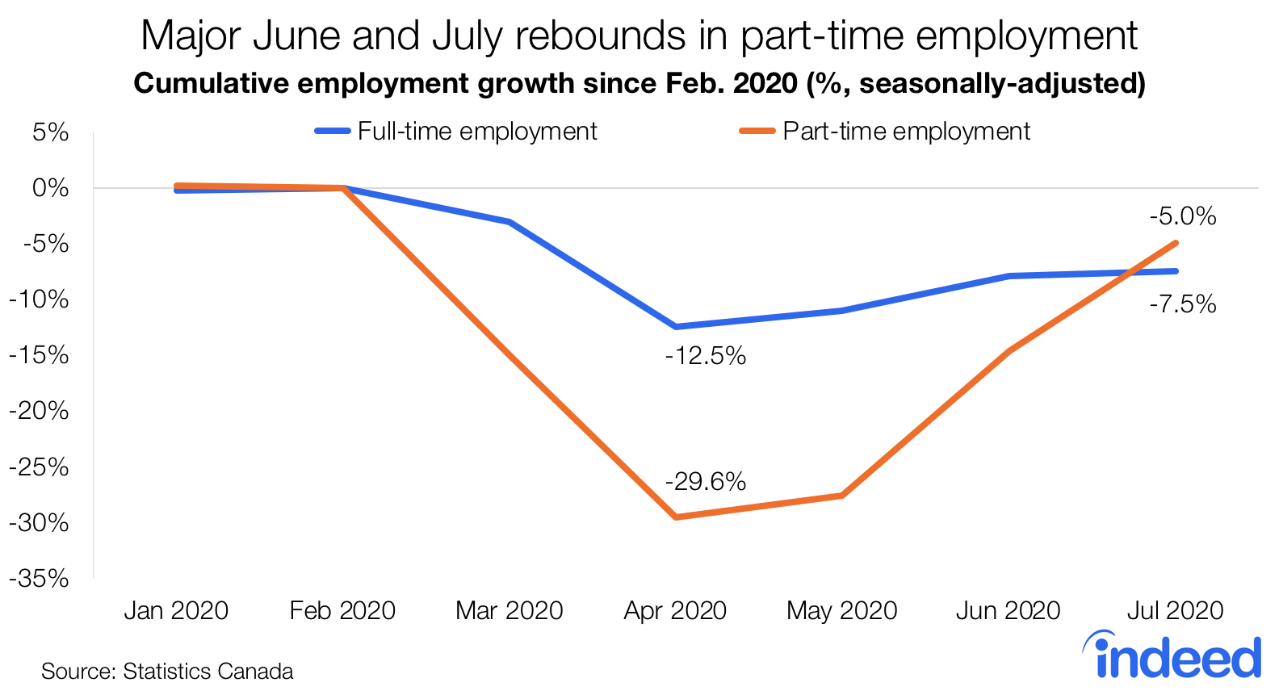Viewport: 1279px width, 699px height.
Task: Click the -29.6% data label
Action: point(705,482)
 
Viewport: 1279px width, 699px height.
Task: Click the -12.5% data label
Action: point(705,356)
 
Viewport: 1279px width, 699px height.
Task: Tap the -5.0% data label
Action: point(1182,216)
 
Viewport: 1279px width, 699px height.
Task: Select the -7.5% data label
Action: point(1182,304)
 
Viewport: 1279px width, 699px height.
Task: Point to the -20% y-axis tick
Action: point(39,411)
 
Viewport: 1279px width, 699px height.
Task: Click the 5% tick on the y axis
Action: point(50,132)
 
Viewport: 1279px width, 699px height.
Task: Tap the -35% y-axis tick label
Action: point(39,579)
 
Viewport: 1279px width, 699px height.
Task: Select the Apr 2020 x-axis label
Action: point(675,610)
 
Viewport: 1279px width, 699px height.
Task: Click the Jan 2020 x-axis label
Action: point(176,610)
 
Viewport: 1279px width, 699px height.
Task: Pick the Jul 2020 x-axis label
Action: point(1175,610)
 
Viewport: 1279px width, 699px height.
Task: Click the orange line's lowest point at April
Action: point(676,517)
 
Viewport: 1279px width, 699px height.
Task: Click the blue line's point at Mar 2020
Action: point(510,222)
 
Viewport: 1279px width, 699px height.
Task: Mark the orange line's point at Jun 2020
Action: point(1009,351)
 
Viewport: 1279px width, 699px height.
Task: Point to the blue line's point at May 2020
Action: point(842,310)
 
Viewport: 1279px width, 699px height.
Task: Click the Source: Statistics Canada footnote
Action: point(167,672)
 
